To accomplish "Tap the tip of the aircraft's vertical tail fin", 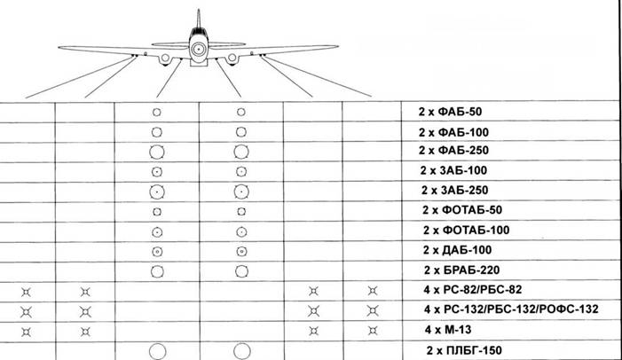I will click(x=198, y=11).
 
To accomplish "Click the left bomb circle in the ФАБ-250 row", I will click(x=156, y=152).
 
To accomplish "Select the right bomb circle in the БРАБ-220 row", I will click(x=240, y=270).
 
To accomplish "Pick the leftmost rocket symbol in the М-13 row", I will click(x=27, y=330).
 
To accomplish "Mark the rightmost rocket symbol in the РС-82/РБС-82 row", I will click(x=373, y=290).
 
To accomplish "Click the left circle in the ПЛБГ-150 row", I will click(x=156, y=351).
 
